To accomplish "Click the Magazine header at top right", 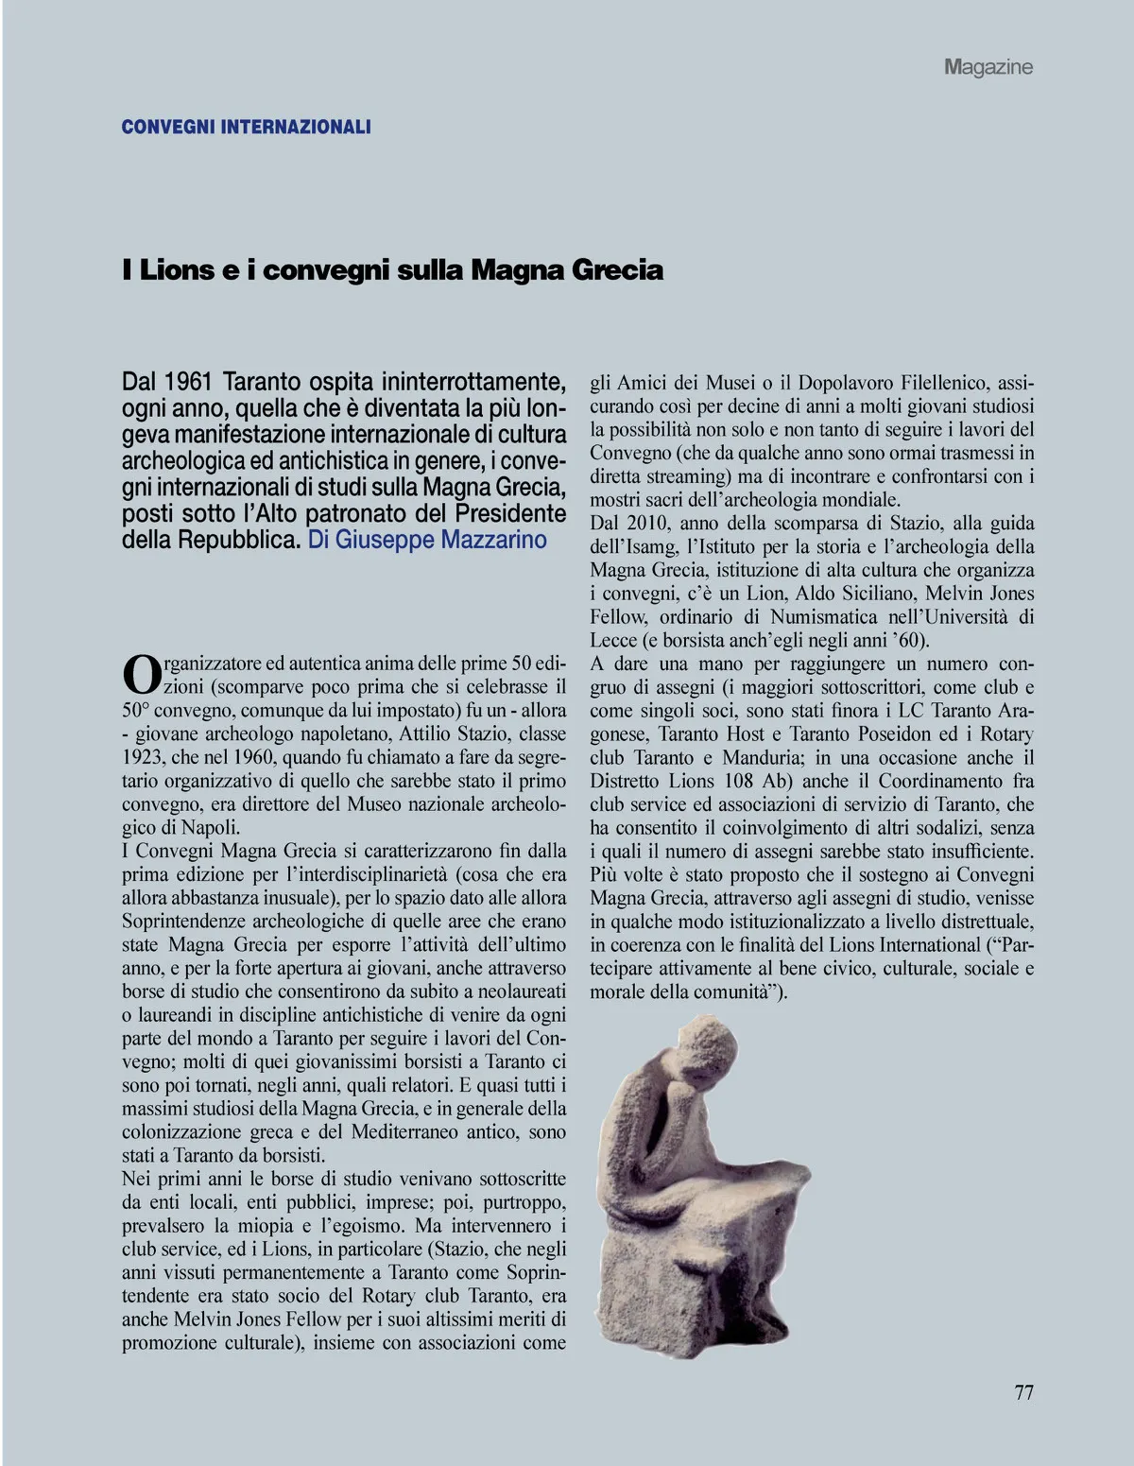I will pyautogui.click(x=988, y=67).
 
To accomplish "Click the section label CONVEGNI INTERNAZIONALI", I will pyautogui.click(x=246, y=127).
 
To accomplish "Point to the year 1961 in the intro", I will pyautogui.click(x=187, y=383).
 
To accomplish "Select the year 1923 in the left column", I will pyautogui.click(x=143, y=757).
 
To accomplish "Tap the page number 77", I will pyautogui.click(x=1023, y=1392).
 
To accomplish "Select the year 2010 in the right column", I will pyautogui.click(x=648, y=524).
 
